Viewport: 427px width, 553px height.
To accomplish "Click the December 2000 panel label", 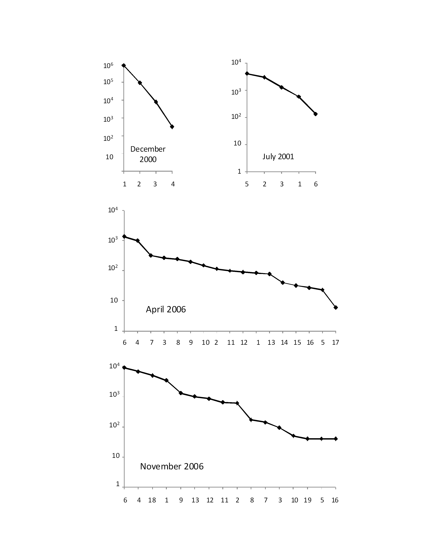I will click(x=148, y=154).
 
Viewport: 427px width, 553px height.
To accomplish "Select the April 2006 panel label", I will click(x=166, y=309).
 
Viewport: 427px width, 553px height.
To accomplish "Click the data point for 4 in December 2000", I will click(x=172, y=127).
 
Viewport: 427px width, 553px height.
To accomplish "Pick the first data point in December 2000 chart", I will click(x=124, y=65).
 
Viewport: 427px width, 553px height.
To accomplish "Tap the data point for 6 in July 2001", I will click(x=315, y=114).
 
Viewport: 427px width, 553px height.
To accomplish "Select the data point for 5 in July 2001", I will click(x=247, y=73).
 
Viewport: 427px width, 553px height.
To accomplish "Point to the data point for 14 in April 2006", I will click(x=283, y=283).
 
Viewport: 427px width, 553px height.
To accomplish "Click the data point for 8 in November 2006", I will click(x=251, y=420).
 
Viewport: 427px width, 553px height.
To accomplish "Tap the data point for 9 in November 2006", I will click(x=181, y=393).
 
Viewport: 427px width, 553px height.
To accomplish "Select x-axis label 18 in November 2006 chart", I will click(x=152, y=500).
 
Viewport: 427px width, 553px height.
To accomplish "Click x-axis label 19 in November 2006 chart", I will click(x=308, y=500).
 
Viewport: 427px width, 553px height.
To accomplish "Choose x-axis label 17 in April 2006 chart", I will click(x=335, y=343).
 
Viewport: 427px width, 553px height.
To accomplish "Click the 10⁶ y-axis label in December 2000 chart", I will click(x=108, y=66).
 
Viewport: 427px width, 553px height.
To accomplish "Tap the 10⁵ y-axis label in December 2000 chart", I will click(x=108, y=82).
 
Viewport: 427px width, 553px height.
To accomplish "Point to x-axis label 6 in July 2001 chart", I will click(x=316, y=184).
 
